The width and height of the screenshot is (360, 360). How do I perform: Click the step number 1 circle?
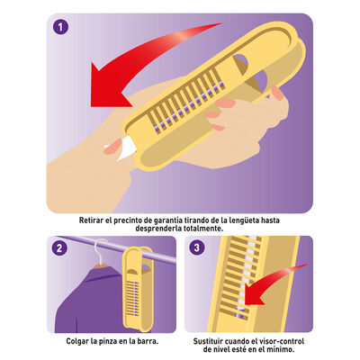click(60, 27)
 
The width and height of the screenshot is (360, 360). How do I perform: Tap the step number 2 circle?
click(59, 248)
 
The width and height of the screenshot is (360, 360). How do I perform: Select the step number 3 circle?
click(197, 247)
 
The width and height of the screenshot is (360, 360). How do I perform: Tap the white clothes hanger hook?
click(101, 250)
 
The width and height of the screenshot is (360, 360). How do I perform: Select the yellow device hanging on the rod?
click(139, 288)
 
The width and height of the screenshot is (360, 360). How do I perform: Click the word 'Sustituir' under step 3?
click(208, 341)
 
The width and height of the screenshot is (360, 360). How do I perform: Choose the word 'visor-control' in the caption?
click(282, 341)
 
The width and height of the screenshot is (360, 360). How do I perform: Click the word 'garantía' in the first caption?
click(168, 220)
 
